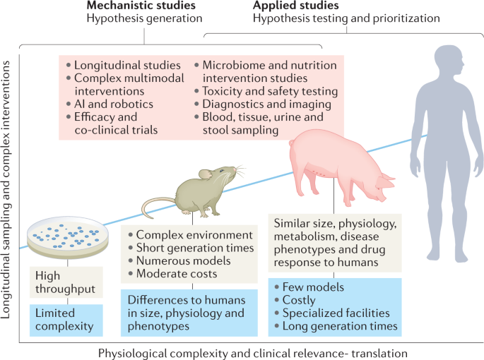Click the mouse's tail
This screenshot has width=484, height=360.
[152, 206]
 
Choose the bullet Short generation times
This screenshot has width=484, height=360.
[194, 248]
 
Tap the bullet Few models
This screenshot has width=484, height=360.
[312, 288]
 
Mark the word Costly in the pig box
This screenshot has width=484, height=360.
[300, 301]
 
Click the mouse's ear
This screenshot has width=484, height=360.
[204, 173]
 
